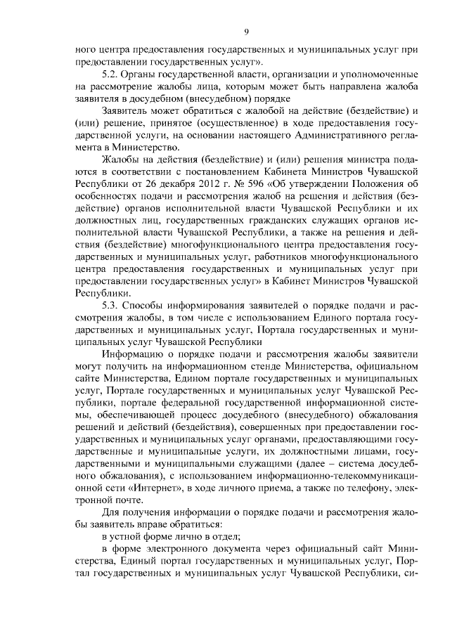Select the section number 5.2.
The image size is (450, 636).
[110, 74]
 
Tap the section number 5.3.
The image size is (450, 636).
[110, 306]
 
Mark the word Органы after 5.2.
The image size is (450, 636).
[141, 74]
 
